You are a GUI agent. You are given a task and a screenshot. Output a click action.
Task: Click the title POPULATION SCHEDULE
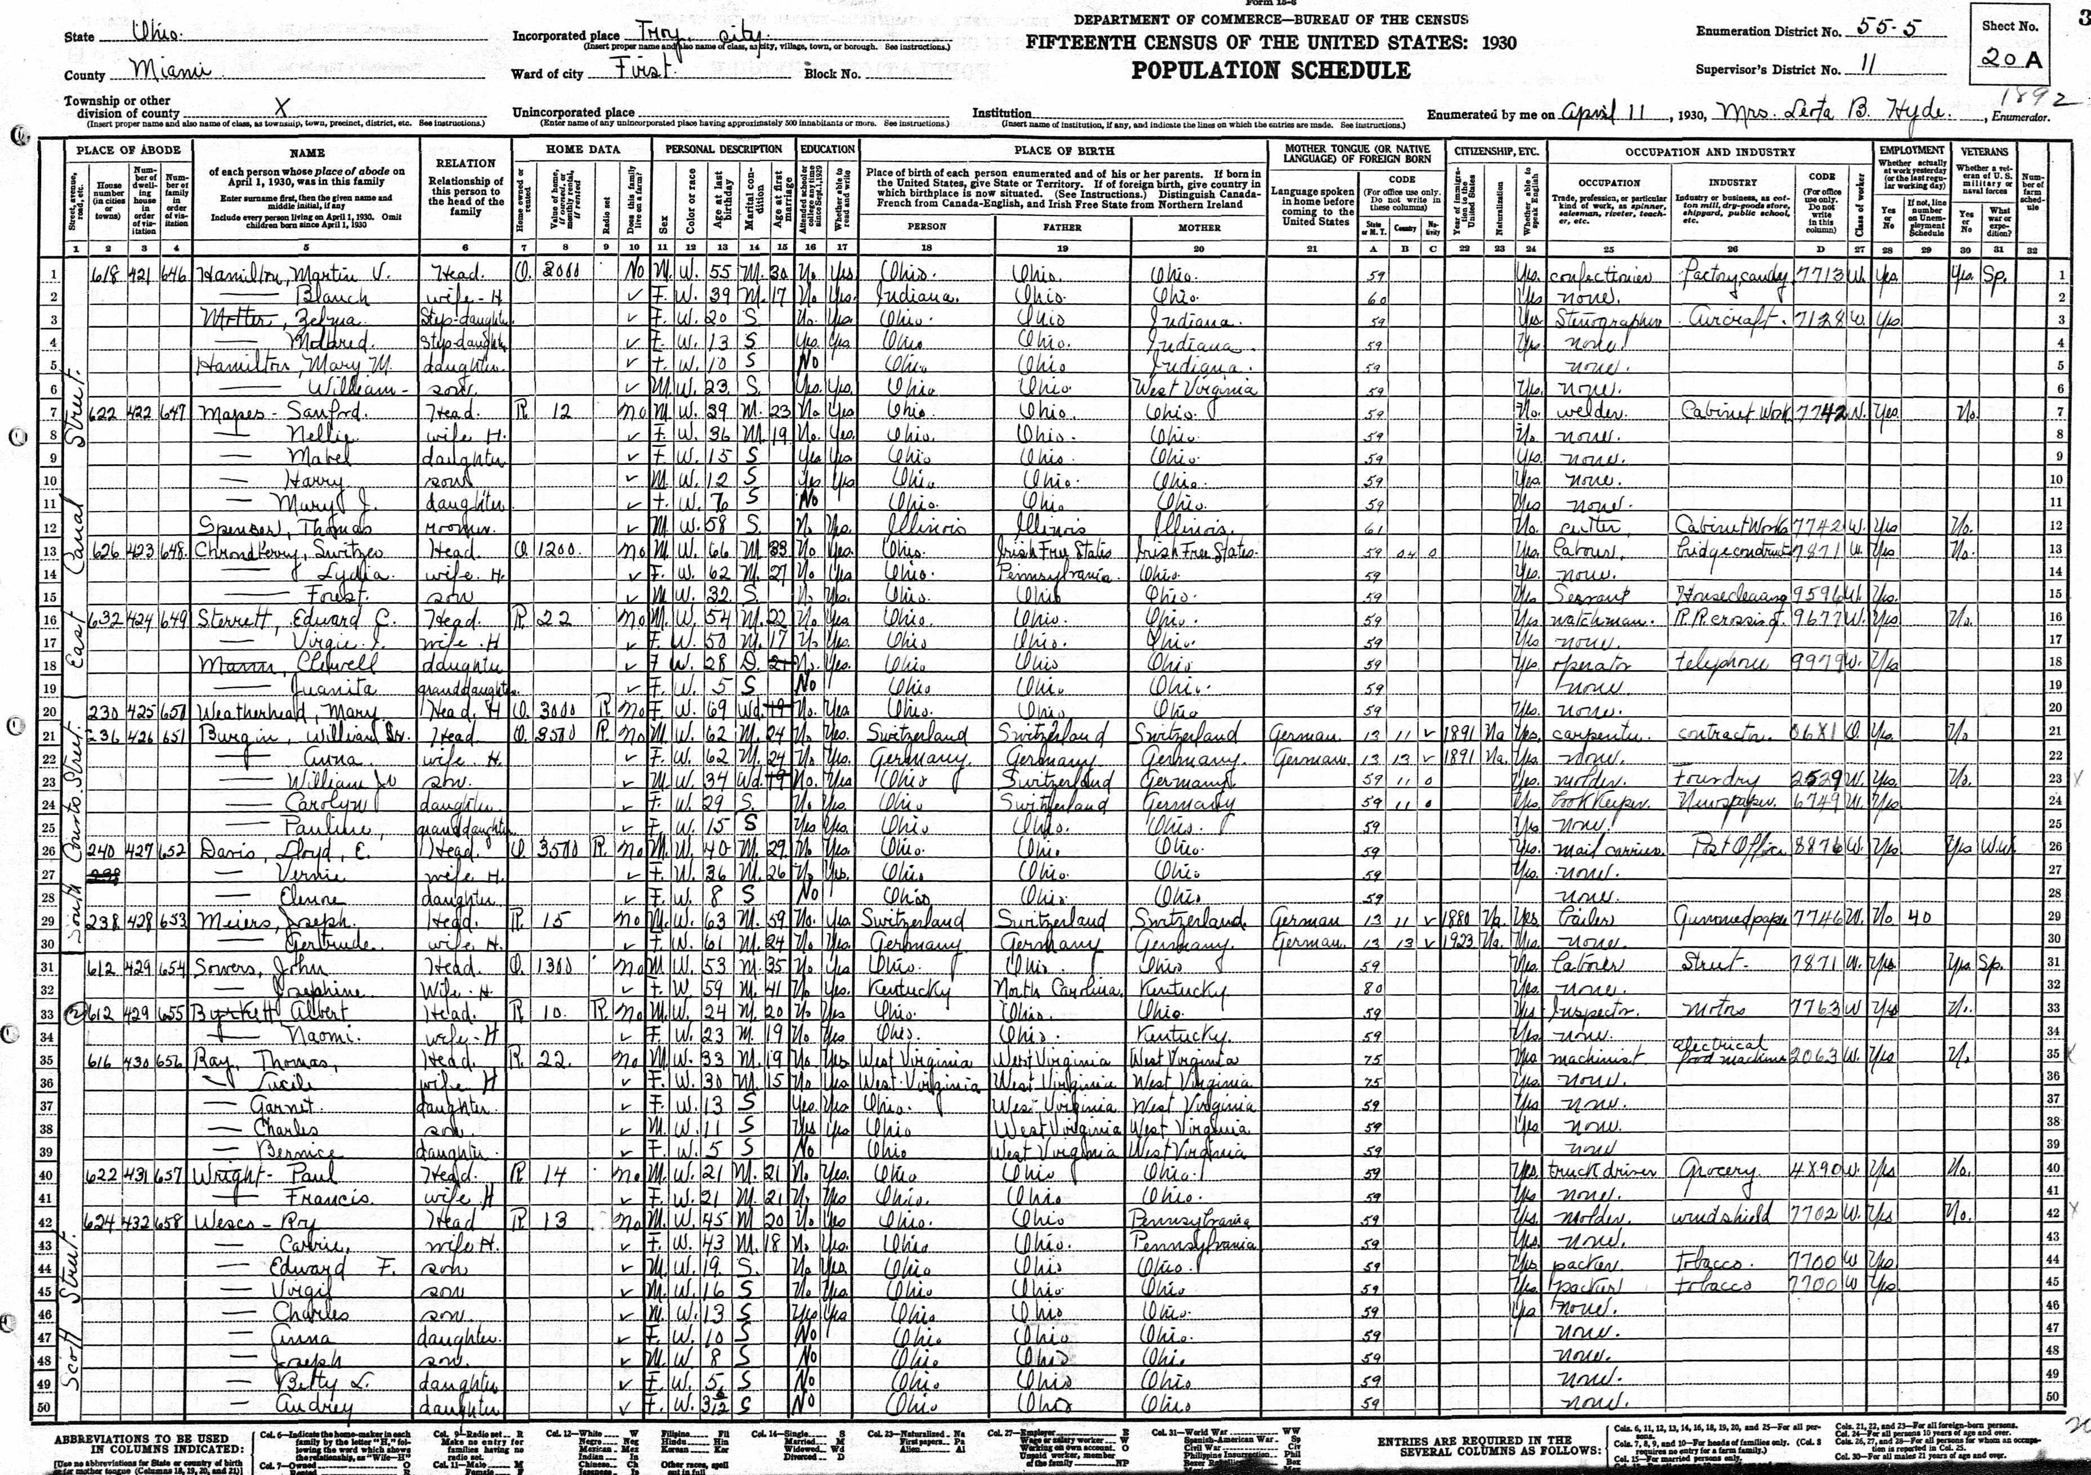1271,71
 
